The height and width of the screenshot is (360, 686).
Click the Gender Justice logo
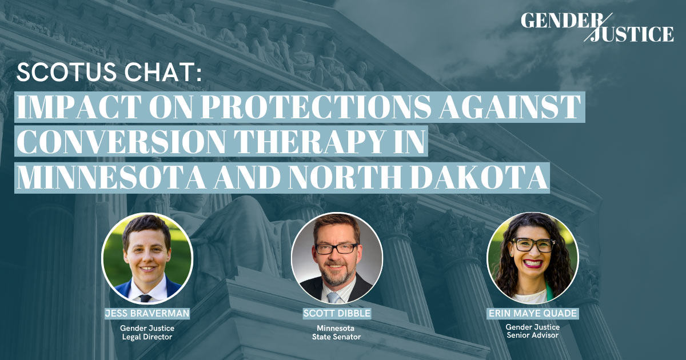597,27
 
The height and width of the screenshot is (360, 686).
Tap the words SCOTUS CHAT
109,74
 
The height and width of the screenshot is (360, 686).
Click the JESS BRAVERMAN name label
146,313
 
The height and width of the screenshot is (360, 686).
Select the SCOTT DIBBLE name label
336,313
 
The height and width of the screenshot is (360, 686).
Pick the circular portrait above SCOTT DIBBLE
336,258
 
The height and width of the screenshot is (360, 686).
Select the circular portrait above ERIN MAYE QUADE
532,258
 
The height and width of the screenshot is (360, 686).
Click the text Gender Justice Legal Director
146,333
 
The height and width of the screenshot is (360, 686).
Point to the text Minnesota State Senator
336,333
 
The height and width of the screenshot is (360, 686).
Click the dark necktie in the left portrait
146,298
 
